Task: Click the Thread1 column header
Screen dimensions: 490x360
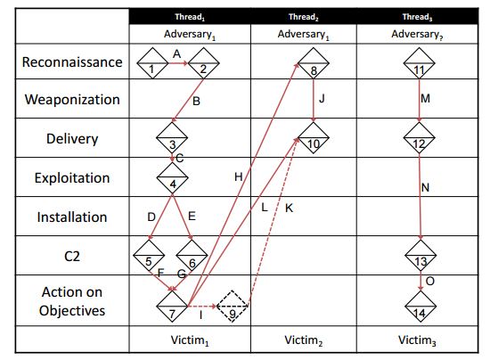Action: click(x=190, y=17)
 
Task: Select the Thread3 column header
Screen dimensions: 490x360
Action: click(x=417, y=17)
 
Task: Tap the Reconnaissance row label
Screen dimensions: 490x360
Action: click(x=72, y=61)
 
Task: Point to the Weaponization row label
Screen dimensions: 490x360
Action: click(x=72, y=100)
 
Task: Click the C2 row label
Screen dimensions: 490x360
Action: click(x=72, y=257)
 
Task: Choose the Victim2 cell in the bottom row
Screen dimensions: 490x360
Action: click(x=303, y=340)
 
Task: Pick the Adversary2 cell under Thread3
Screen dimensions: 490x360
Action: click(x=417, y=34)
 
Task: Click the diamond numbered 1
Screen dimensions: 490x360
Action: click(x=152, y=63)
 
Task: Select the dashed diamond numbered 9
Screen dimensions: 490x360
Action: click(x=232, y=307)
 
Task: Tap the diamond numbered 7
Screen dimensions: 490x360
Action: click(x=172, y=307)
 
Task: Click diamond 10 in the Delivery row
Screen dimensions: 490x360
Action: click(x=314, y=138)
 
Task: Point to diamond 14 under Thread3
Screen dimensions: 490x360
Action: click(x=421, y=307)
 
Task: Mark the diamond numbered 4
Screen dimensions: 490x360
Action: click(x=172, y=178)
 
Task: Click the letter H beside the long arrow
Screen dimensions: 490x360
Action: click(x=239, y=176)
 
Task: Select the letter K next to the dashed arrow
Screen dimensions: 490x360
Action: click(x=289, y=209)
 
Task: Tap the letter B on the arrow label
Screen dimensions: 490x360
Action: click(x=196, y=102)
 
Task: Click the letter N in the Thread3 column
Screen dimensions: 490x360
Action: click(x=425, y=187)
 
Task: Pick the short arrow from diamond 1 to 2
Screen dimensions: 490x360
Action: click(x=178, y=63)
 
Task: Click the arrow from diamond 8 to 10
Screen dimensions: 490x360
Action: click(x=314, y=101)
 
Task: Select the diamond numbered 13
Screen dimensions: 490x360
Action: click(x=421, y=256)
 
